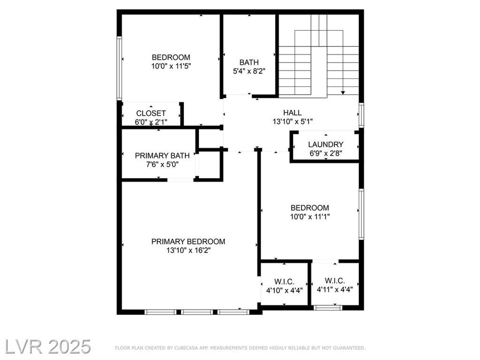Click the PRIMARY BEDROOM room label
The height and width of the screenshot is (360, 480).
(x=188, y=242)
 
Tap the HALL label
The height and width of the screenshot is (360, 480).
(x=292, y=113)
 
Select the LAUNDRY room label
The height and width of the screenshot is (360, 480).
(x=326, y=144)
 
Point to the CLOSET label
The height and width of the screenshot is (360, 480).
(x=151, y=113)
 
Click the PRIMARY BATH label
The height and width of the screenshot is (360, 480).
(x=162, y=156)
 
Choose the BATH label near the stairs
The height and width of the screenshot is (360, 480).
(x=249, y=62)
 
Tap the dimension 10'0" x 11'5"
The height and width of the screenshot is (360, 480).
(x=171, y=66)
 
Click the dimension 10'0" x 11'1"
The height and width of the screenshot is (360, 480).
(x=310, y=217)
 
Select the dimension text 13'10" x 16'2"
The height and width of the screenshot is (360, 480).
(x=188, y=250)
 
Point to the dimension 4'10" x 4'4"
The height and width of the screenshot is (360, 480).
(x=284, y=290)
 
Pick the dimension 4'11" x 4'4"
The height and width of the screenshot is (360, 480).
(x=335, y=290)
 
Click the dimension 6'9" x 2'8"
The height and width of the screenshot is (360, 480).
(x=326, y=153)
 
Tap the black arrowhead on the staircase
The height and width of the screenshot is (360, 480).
(x=343, y=93)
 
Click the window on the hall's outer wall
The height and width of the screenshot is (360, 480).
(x=361, y=115)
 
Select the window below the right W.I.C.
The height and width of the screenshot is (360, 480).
(x=328, y=308)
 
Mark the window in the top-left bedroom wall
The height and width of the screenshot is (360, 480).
(x=119, y=68)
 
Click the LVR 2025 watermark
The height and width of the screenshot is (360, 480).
(x=48, y=347)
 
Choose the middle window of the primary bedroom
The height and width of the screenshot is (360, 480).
(x=197, y=312)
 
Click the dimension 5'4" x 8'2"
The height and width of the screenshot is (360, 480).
(x=249, y=71)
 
